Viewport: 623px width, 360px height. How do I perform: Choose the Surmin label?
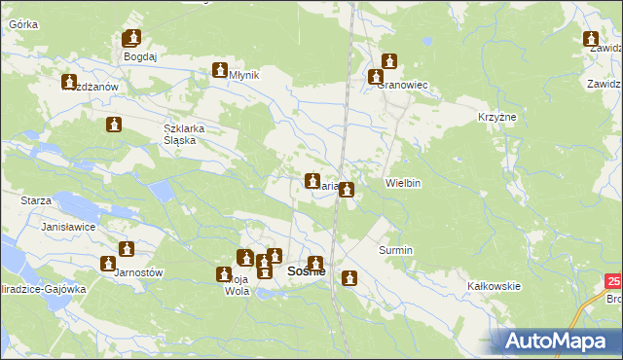pos(396,250)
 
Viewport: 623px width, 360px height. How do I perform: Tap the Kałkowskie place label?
pos(495,286)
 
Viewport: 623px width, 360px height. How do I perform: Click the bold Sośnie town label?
pos(306,272)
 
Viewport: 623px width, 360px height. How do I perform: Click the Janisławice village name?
pos(66,226)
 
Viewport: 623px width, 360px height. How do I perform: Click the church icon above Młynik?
pos(220,70)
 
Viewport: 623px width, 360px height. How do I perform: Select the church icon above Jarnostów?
pos(126,249)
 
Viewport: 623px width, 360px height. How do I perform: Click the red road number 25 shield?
pos(612,282)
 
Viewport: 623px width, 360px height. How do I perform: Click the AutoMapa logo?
pos(558,341)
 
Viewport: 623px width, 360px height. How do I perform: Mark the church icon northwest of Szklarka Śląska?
pos(114,125)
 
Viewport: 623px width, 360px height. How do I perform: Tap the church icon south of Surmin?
pos(349,278)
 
